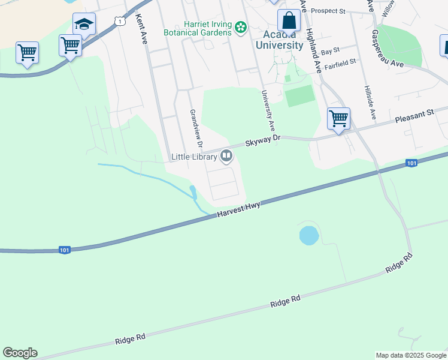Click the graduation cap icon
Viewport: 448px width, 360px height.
(x=84, y=25)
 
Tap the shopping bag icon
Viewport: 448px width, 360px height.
(x=289, y=21)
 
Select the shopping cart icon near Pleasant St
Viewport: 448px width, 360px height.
(x=338, y=118)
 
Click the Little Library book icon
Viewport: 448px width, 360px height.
(x=226, y=157)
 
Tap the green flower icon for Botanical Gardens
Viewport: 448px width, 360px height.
(x=240, y=27)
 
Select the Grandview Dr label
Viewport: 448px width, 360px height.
(x=196, y=130)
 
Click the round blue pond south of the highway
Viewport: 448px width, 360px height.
(x=308, y=235)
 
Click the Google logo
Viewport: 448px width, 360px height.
(x=20, y=353)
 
